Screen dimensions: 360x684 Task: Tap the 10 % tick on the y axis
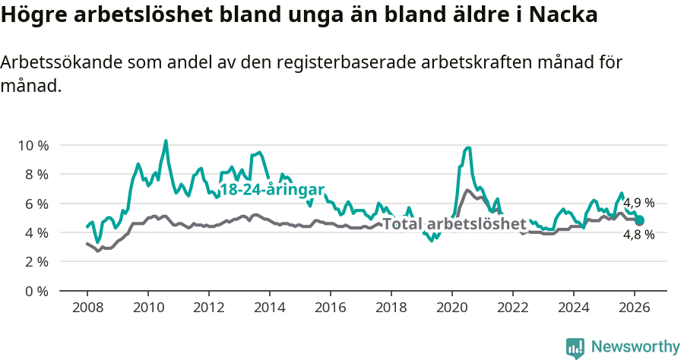(x=33, y=145)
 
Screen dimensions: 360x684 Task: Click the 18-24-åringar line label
(x=272, y=190)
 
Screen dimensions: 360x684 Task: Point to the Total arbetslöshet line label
(x=454, y=224)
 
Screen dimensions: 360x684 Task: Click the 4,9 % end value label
(x=638, y=203)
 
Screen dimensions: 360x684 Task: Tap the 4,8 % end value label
(x=638, y=235)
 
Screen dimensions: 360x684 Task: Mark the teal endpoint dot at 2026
(x=640, y=220)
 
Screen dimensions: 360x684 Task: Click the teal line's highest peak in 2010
(x=166, y=141)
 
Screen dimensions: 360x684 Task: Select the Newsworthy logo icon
(x=575, y=347)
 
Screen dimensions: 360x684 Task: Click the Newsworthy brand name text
(x=635, y=347)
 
